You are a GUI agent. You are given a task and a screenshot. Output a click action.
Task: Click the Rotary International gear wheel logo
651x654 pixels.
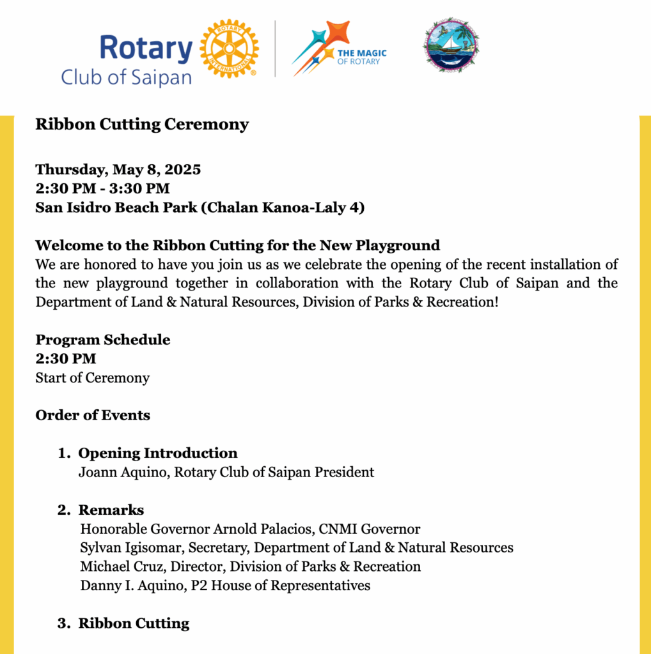click(x=230, y=49)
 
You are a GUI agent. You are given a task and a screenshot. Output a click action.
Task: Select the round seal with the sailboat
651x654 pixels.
click(x=451, y=45)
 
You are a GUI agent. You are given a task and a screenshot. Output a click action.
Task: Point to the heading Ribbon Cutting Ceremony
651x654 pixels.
click(x=142, y=124)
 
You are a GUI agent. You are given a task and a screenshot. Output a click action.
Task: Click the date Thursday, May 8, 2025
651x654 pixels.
click(x=118, y=170)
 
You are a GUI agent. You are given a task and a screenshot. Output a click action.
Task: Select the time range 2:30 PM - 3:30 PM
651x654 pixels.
click(x=102, y=188)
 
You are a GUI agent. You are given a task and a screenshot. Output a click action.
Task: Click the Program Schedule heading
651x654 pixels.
click(x=103, y=340)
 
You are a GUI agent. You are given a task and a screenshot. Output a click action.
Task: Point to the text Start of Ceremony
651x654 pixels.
click(x=93, y=377)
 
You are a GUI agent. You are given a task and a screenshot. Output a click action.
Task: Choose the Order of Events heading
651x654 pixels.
click(x=93, y=415)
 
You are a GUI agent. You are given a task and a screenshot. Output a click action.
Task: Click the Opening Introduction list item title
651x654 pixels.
click(x=157, y=453)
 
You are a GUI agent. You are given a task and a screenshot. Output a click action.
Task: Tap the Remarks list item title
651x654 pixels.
click(x=111, y=510)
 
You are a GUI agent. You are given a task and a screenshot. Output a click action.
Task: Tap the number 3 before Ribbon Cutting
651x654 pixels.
click(x=62, y=623)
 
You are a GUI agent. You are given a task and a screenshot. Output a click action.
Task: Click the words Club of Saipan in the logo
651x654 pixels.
click(x=126, y=78)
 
